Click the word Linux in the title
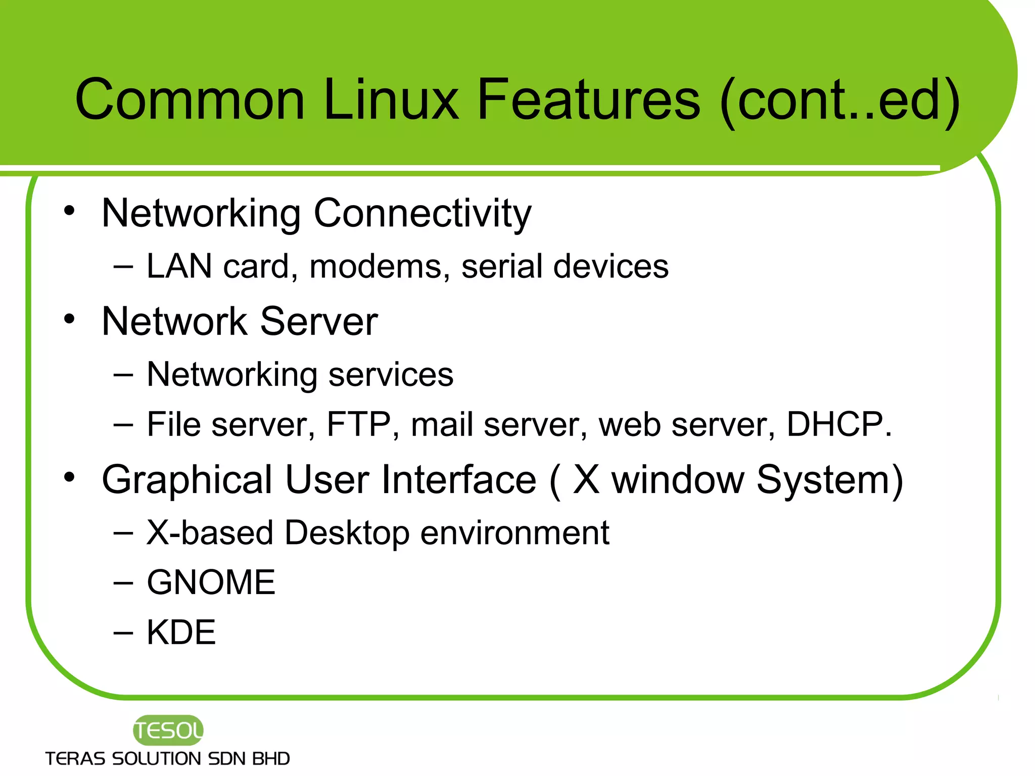(x=391, y=100)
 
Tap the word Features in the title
(x=588, y=100)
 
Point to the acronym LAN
(x=179, y=266)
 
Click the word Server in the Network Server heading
(x=319, y=321)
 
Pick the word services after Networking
(x=391, y=375)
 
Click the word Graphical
(x=187, y=480)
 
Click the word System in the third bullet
(x=829, y=480)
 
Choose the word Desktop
(x=347, y=533)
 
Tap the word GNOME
(x=211, y=583)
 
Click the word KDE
(x=181, y=633)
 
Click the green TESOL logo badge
(x=168, y=730)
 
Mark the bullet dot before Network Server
(x=69, y=319)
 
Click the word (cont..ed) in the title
(x=839, y=100)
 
